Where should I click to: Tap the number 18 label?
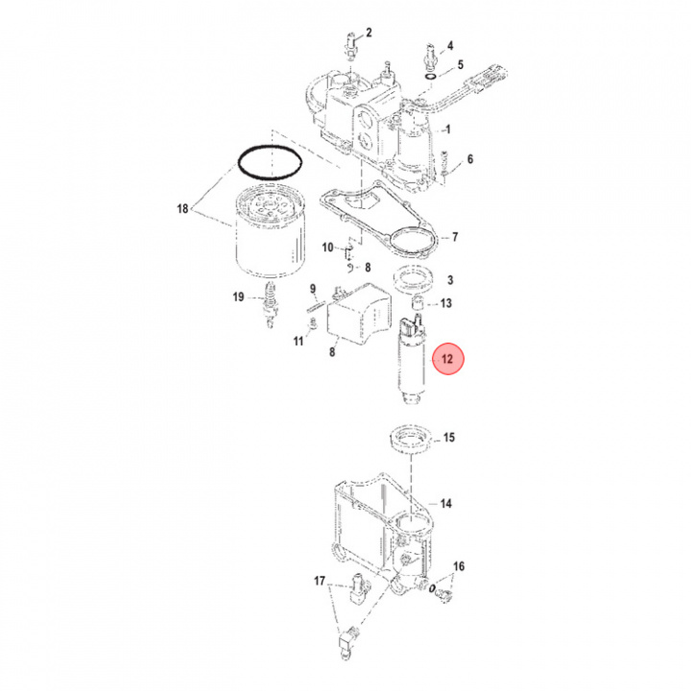[x=181, y=208]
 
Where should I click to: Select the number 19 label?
[x=238, y=298]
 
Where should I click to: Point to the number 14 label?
[x=445, y=503]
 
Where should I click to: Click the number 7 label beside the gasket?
[x=455, y=237]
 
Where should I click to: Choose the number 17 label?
[x=320, y=581]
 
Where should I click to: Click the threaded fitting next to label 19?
[x=268, y=302]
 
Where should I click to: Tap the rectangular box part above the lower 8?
[x=361, y=312]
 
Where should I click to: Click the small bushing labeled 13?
[x=419, y=305]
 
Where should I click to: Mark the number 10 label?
[x=327, y=248]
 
